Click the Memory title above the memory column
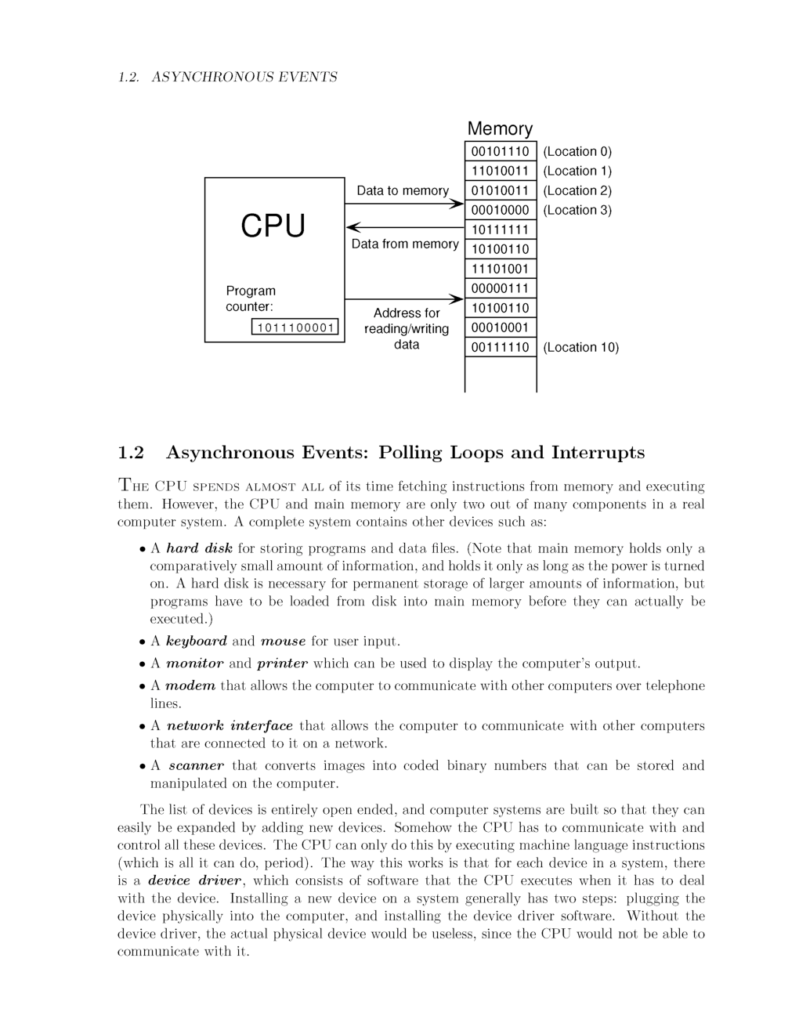click(500, 128)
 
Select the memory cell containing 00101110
click(500, 151)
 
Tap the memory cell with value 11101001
click(500, 269)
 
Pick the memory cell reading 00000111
click(500, 288)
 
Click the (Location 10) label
click(580, 347)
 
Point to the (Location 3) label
click(577, 210)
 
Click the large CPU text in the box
click(273, 226)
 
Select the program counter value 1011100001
click(295, 327)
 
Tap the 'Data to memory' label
click(403, 190)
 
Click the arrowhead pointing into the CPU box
click(352, 227)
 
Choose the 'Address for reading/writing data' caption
click(407, 328)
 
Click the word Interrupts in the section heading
click(598, 453)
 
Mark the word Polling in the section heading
click(410, 453)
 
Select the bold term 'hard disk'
click(199, 548)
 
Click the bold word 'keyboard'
click(197, 641)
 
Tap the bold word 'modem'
click(190, 685)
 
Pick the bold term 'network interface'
click(230, 725)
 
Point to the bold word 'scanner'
click(196, 765)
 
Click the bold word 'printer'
click(282, 663)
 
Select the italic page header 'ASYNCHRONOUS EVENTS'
click(244, 77)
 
